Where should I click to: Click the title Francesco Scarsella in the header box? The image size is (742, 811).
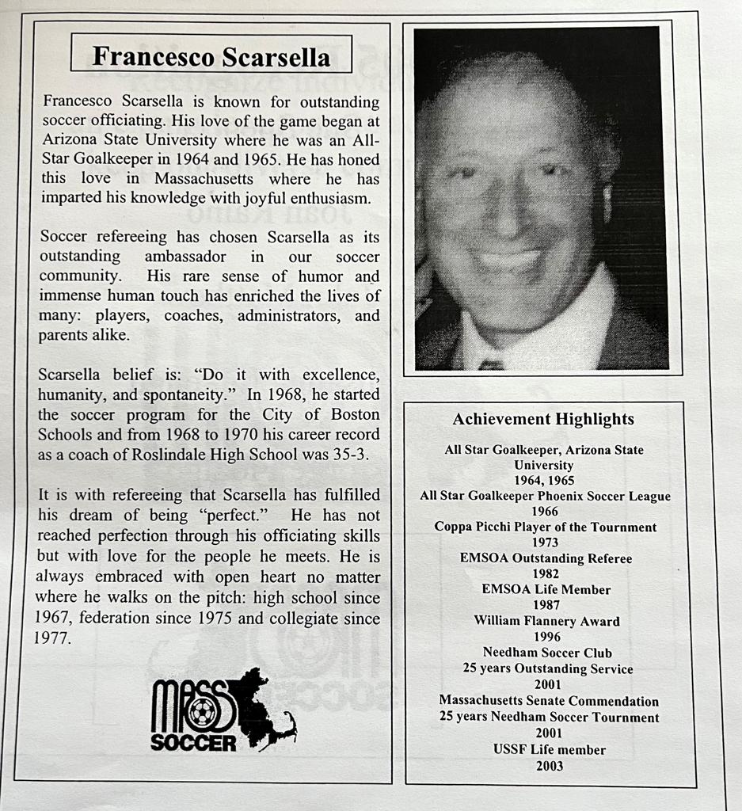[x=211, y=55]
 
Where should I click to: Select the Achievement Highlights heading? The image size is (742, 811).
[x=543, y=419]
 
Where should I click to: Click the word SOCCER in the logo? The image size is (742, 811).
[x=193, y=743]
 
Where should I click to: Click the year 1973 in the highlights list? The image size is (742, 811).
[x=545, y=543]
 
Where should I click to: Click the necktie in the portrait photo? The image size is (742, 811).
[x=490, y=364]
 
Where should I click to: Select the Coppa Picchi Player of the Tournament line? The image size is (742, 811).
[x=545, y=527]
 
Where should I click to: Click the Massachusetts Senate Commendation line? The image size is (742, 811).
[x=549, y=701]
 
